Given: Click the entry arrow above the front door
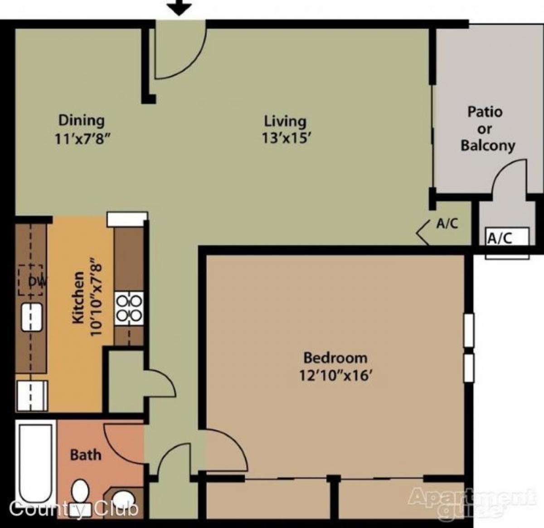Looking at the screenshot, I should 180,8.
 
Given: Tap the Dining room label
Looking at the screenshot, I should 82,120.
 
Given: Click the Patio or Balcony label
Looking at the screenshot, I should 486,129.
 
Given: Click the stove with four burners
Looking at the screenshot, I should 129,308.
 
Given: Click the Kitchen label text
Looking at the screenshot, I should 78,298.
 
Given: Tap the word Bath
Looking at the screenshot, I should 86,455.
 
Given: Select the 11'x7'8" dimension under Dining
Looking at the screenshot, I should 83,138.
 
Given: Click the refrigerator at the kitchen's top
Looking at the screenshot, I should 127,219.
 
